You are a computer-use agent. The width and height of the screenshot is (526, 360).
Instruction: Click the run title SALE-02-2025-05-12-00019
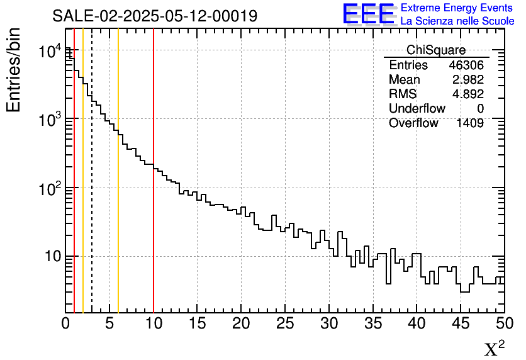(x=155, y=16)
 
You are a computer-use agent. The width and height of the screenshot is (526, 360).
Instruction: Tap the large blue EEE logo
(x=369, y=14)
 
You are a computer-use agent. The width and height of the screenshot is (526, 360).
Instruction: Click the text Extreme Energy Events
(x=456, y=8)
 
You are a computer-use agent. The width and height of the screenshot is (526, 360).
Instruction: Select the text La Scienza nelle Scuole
(x=457, y=21)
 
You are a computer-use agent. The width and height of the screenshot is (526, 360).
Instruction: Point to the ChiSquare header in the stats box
(x=436, y=50)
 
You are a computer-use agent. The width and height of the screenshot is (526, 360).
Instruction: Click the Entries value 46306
(x=466, y=65)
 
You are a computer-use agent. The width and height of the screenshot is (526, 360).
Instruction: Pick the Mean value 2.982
(x=468, y=80)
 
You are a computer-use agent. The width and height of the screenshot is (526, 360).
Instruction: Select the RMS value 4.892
(x=468, y=94)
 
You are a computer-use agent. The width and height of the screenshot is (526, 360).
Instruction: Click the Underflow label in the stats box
(x=417, y=109)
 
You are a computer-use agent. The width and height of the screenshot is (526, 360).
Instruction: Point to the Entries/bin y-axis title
(x=14, y=70)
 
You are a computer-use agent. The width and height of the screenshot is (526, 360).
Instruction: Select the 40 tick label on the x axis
(x=417, y=324)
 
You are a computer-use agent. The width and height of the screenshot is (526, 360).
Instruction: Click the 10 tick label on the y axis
(x=52, y=257)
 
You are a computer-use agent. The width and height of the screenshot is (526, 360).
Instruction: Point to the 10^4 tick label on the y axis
(x=49, y=51)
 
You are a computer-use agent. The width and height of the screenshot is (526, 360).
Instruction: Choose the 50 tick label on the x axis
(x=504, y=324)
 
